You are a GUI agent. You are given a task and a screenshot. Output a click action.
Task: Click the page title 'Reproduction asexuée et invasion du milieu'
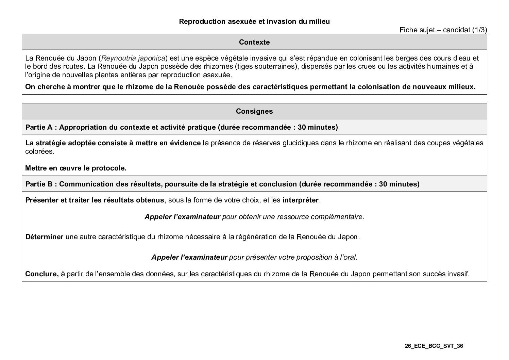254,21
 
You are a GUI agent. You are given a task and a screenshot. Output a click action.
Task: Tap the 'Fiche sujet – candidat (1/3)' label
443,30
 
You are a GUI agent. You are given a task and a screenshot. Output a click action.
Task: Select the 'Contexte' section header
254,42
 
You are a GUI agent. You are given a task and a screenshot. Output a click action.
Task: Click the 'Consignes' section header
254,111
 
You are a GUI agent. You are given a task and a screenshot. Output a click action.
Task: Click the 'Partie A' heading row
182,127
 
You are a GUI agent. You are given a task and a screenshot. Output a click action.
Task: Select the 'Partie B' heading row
222,184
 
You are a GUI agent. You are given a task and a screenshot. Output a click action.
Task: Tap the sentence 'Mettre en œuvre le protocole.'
76,168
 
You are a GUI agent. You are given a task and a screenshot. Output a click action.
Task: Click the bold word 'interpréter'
301,200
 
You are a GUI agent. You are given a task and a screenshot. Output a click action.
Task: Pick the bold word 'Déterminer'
44,237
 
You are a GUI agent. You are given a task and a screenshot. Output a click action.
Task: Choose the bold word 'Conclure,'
42,274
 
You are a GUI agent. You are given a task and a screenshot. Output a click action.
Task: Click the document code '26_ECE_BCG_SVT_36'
434,346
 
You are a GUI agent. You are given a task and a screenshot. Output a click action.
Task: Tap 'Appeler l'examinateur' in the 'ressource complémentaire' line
182,217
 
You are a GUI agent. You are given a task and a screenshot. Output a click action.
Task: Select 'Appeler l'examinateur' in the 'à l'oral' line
189,257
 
